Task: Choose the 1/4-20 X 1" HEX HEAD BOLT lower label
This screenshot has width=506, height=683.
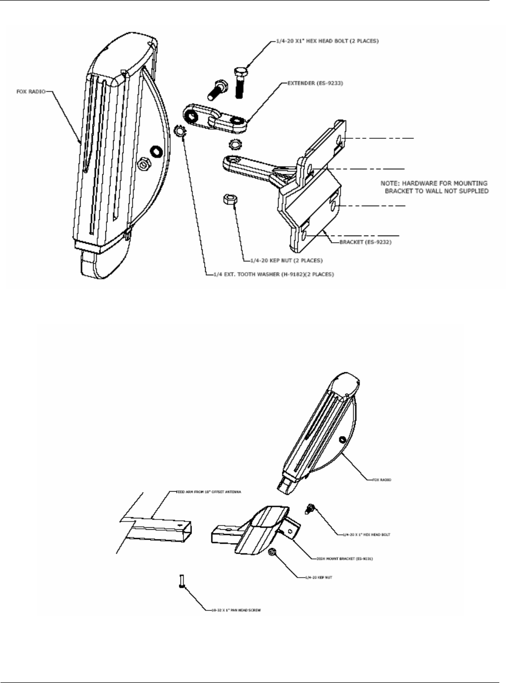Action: point(366,534)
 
